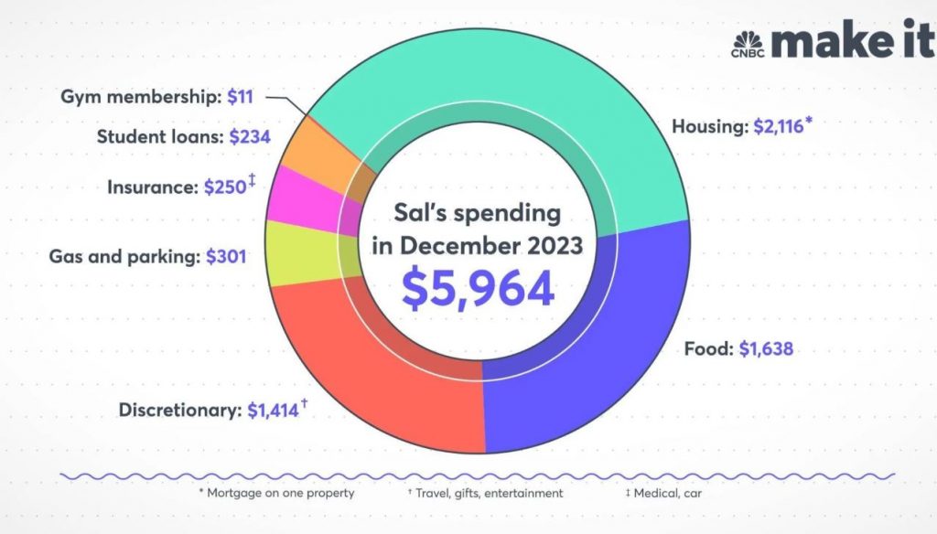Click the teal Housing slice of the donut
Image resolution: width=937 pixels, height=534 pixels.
pyautogui.click(x=512, y=101)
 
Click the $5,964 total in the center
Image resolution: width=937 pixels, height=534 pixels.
pyautogui.click(x=479, y=288)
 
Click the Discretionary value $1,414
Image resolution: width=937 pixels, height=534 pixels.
pyautogui.click(x=274, y=411)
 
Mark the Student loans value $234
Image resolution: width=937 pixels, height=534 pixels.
pyautogui.click(x=251, y=137)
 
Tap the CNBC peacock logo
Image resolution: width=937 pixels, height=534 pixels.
pyautogui.click(x=748, y=41)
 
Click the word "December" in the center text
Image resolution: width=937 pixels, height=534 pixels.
pyautogui.click(x=478, y=247)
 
